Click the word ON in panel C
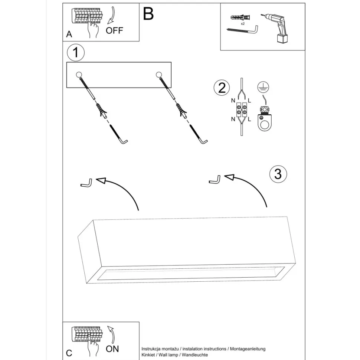112,348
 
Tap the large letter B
148,14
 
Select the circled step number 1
76,53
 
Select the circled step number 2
222,88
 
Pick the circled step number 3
278,173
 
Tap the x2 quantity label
243,23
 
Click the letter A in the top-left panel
69,35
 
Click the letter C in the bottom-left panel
69,353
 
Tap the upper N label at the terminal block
233,101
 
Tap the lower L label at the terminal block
249,119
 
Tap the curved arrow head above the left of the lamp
101,180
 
